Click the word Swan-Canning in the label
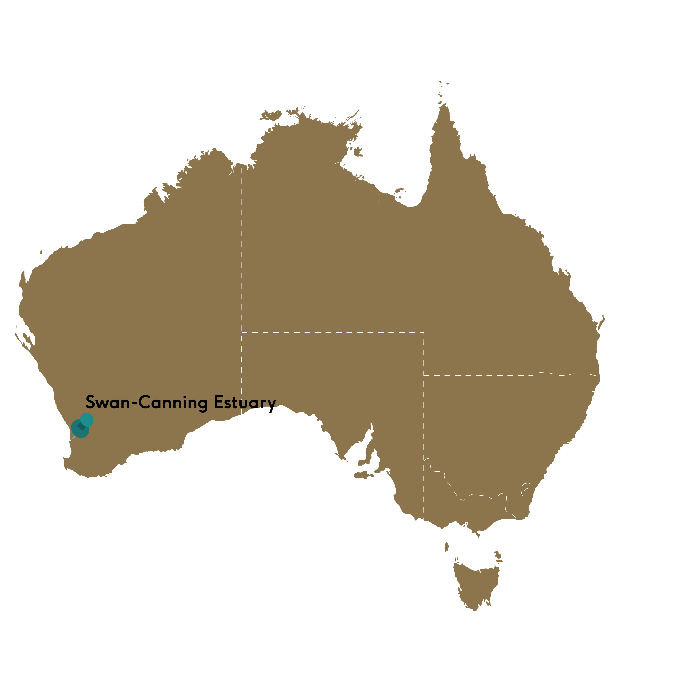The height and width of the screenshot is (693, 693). coord(146,403)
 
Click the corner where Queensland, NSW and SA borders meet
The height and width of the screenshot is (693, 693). coord(424,376)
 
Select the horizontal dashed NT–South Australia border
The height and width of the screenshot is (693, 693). coord(308,332)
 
